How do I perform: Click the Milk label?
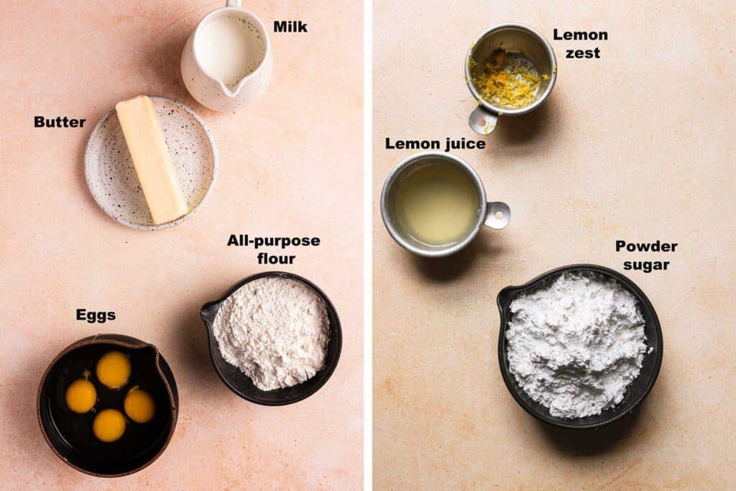pyautogui.click(x=290, y=27)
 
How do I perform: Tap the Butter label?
pyautogui.click(x=60, y=122)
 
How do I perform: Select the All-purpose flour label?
pyautogui.click(x=274, y=249)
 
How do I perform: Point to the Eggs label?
pyautogui.click(x=96, y=315)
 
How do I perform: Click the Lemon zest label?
pyautogui.click(x=581, y=44)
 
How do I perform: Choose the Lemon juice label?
pyautogui.click(x=435, y=144)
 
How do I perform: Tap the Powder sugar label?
pyautogui.click(x=646, y=255)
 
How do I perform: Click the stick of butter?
pyautogui.click(x=151, y=159)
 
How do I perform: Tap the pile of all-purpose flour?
pyautogui.click(x=272, y=332)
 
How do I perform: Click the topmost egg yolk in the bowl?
pyautogui.click(x=114, y=370)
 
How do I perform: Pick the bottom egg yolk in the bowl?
pyautogui.click(x=109, y=426)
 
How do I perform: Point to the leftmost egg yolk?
pyautogui.click(x=81, y=395)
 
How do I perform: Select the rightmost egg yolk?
pyautogui.click(x=139, y=405)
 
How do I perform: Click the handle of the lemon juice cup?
pyautogui.click(x=497, y=216)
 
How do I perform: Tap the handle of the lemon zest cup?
pyautogui.click(x=481, y=120)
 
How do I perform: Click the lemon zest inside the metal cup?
pyautogui.click(x=506, y=79)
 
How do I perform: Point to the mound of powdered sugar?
pyautogui.click(x=576, y=344)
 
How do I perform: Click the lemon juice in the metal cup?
pyautogui.click(x=437, y=203)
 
